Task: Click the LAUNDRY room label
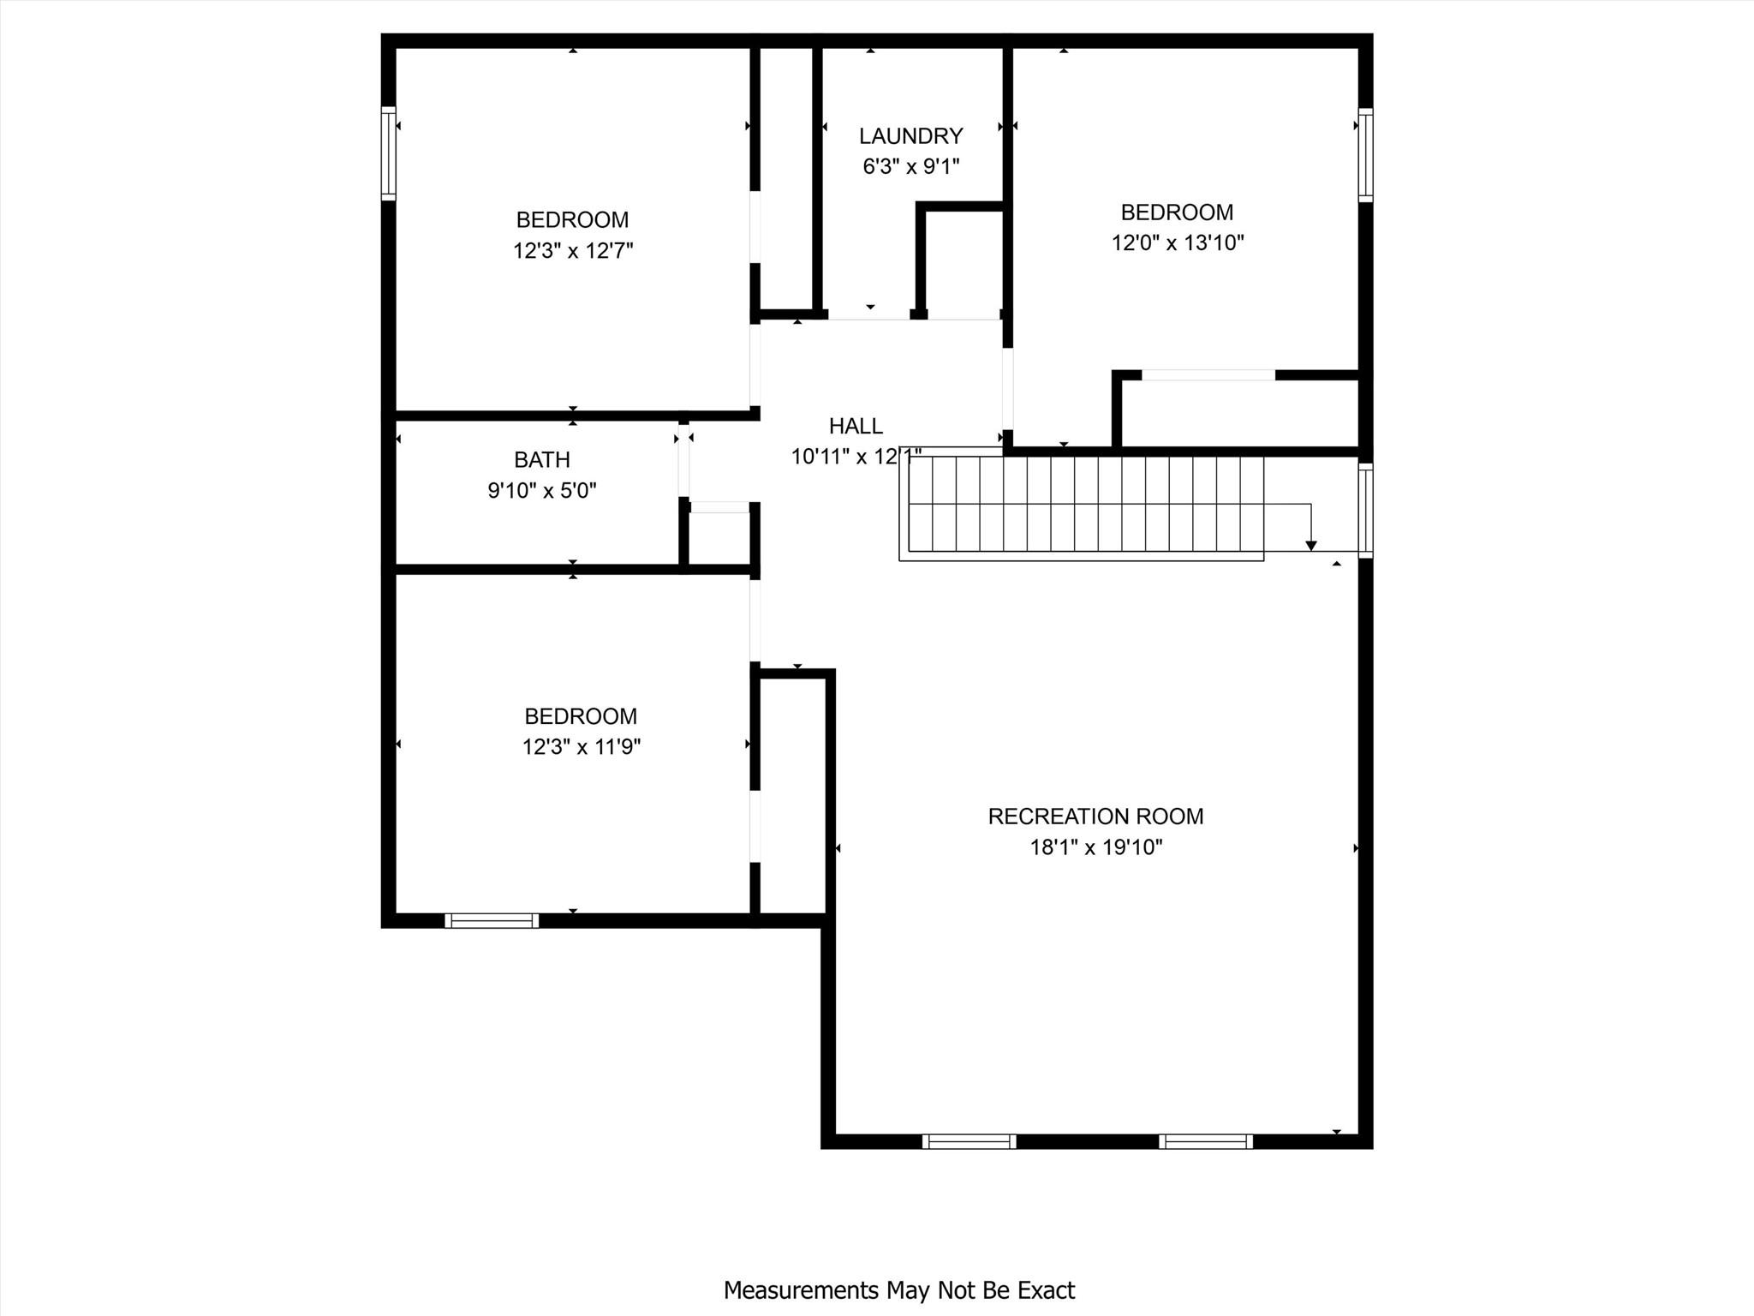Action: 910,136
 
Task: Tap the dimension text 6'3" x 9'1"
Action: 910,166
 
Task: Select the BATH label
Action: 541,460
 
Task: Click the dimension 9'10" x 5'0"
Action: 541,491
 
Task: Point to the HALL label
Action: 855,426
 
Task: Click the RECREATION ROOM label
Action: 1095,817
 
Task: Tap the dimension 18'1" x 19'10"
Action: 1095,847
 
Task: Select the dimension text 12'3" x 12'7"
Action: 572,251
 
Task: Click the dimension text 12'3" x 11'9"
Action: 581,747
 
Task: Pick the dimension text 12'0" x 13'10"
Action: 1177,242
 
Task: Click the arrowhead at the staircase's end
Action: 1310,545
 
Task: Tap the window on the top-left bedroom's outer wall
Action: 389,153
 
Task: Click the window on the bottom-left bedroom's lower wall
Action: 492,921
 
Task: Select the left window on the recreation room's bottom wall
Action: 969,1141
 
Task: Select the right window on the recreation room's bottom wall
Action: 1205,1141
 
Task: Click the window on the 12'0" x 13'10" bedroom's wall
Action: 1365,155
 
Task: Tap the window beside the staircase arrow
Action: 1365,511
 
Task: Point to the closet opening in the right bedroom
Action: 1208,375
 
